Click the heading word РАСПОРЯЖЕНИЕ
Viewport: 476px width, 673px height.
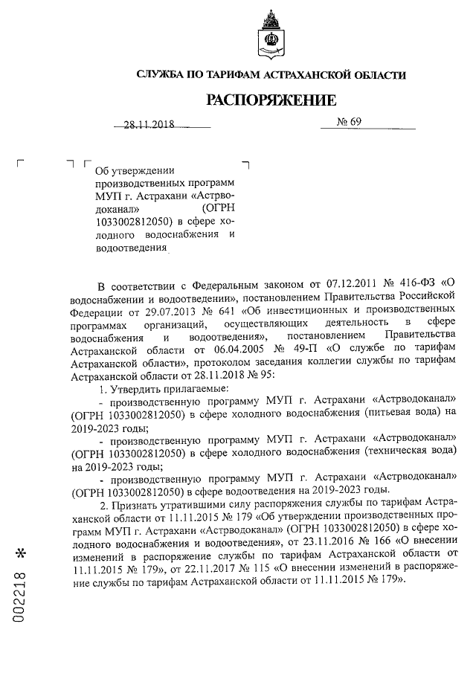tap(271, 100)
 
